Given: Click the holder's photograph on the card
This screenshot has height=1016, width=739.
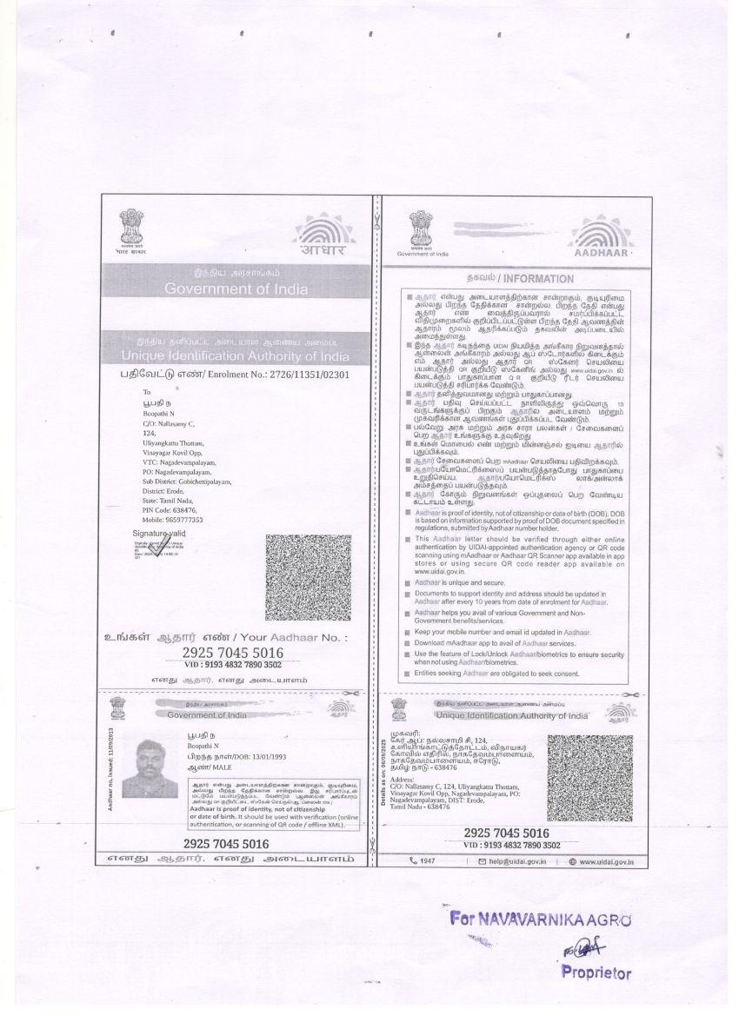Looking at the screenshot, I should pyautogui.click(x=150, y=768).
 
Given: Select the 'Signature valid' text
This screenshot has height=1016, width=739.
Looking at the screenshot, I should pyautogui.click(x=159, y=532).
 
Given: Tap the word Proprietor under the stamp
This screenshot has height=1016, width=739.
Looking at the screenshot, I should pyautogui.click(x=596, y=973).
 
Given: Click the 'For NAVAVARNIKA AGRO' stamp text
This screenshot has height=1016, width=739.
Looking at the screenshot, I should pyautogui.click(x=540, y=920).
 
